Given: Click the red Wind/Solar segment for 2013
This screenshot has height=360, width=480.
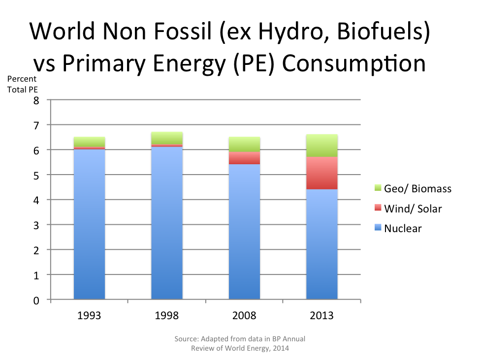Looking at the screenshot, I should click(x=322, y=173).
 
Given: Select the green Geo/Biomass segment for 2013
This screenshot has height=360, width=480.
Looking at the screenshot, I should click(x=322, y=146).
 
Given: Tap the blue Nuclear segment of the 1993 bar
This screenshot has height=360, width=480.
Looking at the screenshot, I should click(x=89, y=224).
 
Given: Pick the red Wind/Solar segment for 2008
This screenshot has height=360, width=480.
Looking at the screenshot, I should click(x=244, y=158).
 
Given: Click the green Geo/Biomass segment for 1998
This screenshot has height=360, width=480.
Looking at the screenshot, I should click(x=167, y=138).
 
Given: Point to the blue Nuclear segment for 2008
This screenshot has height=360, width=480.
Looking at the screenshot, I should click(x=244, y=231).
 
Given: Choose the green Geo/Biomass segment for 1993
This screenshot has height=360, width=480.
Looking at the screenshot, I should click(x=89, y=142).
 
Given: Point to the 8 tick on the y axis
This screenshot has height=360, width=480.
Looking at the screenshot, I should click(x=35, y=100).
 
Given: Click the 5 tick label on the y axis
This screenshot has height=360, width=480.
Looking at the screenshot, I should click(x=35, y=175).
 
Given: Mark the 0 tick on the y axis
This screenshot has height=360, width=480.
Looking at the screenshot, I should click(x=35, y=300).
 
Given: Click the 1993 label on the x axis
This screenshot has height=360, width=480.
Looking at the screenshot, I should click(x=89, y=315).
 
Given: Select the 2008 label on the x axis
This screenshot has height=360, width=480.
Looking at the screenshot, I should click(x=244, y=315).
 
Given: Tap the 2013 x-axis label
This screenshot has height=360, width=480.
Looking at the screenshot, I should click(x=322, y=315).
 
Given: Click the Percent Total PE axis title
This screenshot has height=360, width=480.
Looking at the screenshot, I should click(x=22, y=84).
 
